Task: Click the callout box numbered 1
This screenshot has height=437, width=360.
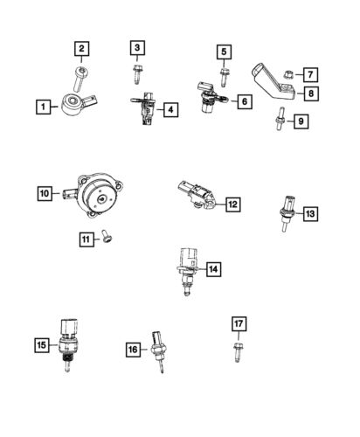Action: [42, 108]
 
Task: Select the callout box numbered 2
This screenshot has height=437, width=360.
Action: [81, 49]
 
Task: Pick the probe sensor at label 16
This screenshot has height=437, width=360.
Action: [157, 350]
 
